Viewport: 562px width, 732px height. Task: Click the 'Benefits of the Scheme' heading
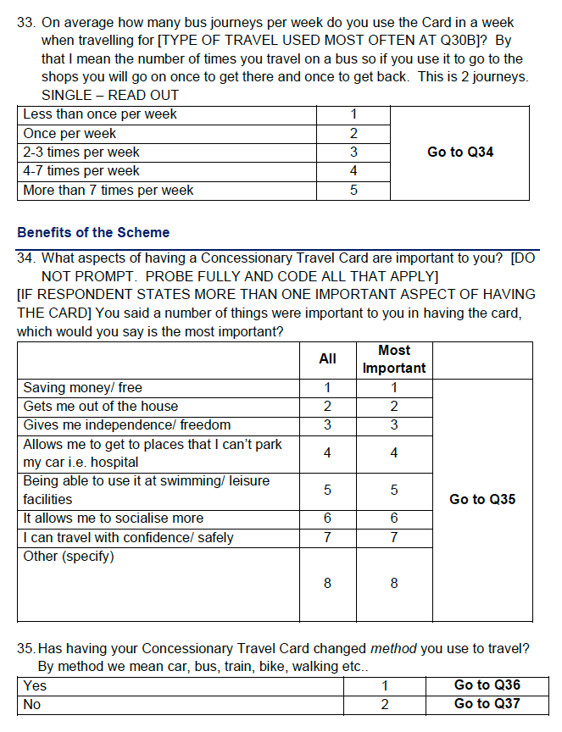[x=93, y=232]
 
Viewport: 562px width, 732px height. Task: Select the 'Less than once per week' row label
[x=100, y=114]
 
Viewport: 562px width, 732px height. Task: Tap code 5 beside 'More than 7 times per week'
[x=353, y=191]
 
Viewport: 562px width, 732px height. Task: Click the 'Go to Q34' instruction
[x=460, y=152]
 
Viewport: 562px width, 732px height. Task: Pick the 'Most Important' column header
[x=394, y=359]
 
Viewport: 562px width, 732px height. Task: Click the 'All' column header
[x=327, y=359]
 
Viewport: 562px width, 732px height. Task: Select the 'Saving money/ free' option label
[x=83, y=388]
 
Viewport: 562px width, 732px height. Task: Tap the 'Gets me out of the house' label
[x=101, y=407]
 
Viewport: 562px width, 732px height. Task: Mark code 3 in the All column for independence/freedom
[x=327, y=425]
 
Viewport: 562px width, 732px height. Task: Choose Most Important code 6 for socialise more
[x=394, y=518]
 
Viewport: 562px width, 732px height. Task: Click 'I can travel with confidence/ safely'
[x=128, y=537]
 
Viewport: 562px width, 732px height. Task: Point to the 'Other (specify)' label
[x=69, y=556]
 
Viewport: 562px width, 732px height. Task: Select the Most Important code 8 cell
[x=394, y=584]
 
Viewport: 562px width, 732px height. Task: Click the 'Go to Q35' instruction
[x=482, y=500]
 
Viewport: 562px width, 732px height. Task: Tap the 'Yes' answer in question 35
[x=35, y=685]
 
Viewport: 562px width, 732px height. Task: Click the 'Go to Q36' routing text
[x=487, y=685]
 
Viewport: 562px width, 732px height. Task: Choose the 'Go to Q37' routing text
[x=487, y=704]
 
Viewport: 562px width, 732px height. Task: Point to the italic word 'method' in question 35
[x=393, y=649]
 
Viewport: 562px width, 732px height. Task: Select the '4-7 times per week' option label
[x=81, y=171]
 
